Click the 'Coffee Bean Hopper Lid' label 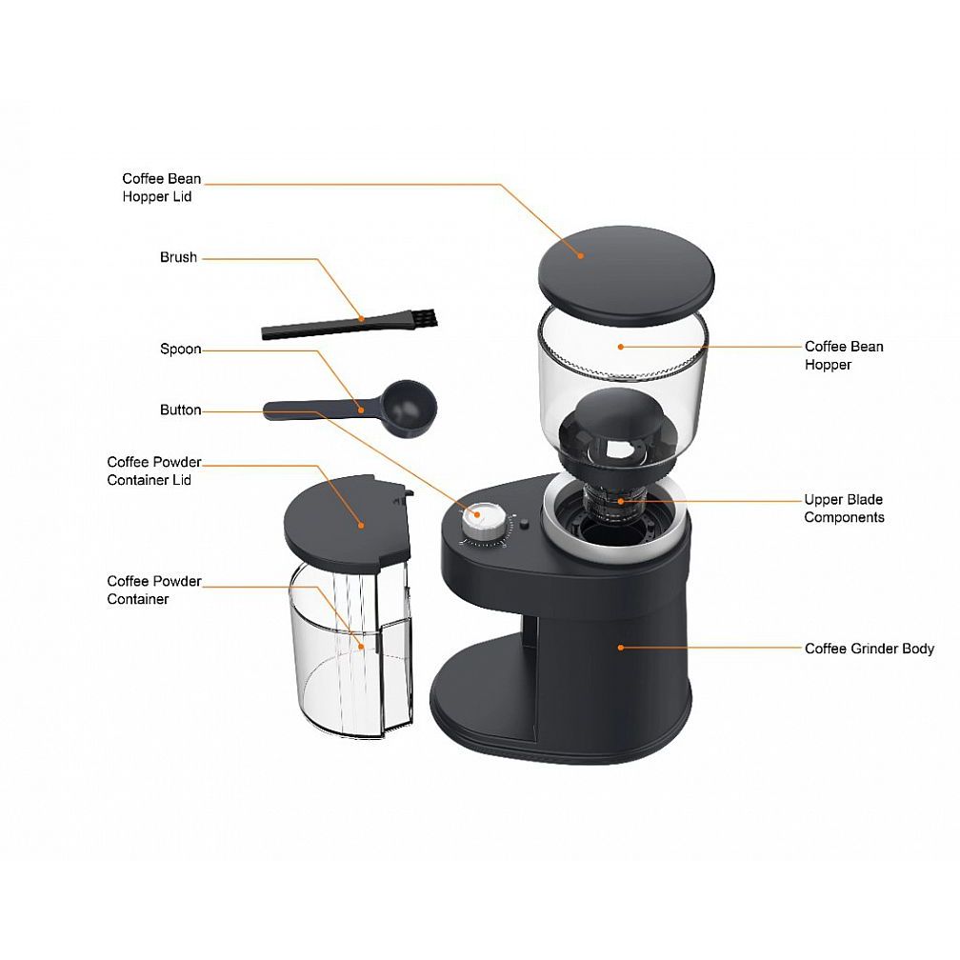[x=162, y=188]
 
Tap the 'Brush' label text [x=178, y=257]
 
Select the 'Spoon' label [x=181, y=349]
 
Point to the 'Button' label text [x=181, y=410]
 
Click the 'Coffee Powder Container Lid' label [x=154, y=470]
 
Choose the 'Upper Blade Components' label [x=844, y=509]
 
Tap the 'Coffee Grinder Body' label [x=870, y=649]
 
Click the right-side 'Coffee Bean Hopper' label [x=844, y=355]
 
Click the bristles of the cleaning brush [x=428, y=318]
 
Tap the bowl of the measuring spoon [x=409, y=408]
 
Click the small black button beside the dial [x=524, y=524]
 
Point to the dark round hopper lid [x=627, y=275]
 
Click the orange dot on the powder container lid [x=361, y=525]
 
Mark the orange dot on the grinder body [x=620, y=648]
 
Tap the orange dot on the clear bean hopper [x=620, y=347]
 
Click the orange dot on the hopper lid [x=580, y=256]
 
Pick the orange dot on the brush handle [x=361, y=318]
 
